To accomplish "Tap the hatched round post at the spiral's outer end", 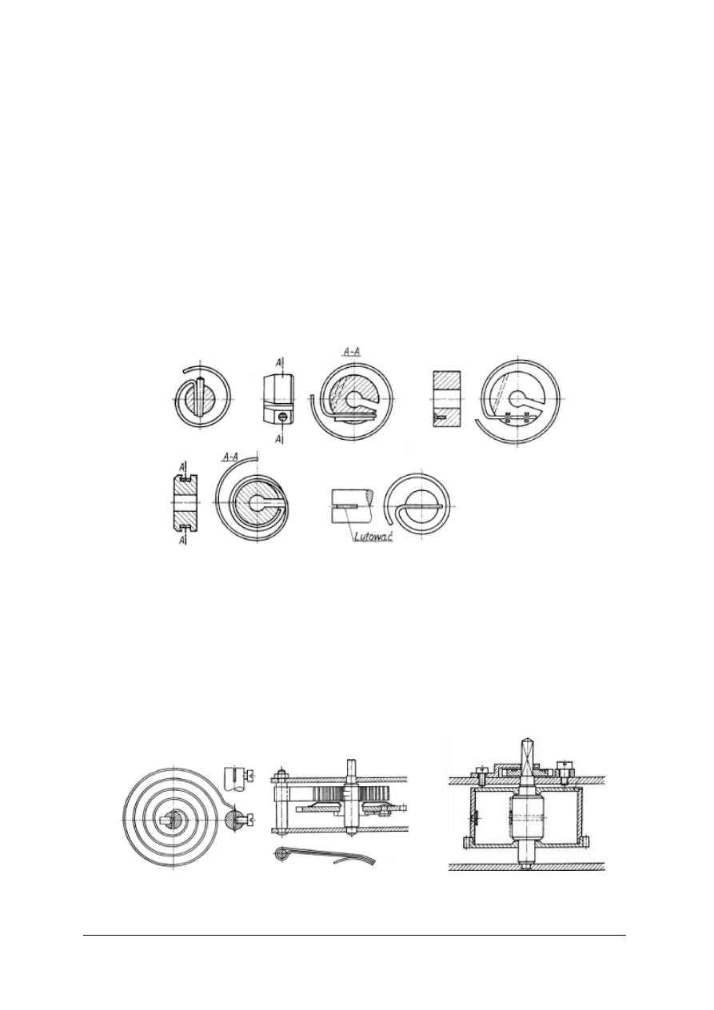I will click(x=238, y=818).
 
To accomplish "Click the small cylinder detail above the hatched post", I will click(x=233, y=774).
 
